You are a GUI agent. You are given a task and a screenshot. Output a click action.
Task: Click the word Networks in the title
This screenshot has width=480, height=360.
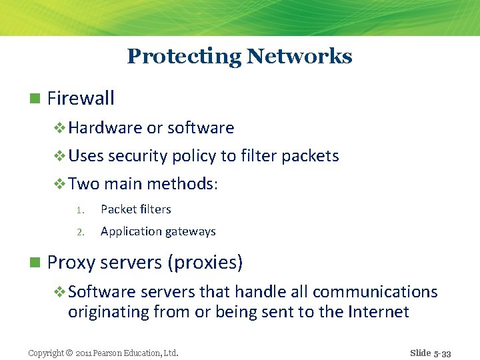(299, 57)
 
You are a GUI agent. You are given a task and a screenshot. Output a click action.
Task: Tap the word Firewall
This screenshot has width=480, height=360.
(81, 99)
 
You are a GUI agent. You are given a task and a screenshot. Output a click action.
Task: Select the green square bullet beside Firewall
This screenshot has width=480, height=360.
(35, 99)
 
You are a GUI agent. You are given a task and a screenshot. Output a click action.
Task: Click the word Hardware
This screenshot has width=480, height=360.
(105, 128)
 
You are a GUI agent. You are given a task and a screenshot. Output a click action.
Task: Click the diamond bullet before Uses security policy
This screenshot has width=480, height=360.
(60, 156)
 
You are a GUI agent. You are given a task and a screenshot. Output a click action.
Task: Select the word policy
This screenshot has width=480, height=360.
(194, 157)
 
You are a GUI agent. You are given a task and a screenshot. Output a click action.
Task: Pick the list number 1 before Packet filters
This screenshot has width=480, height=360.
(79, 210)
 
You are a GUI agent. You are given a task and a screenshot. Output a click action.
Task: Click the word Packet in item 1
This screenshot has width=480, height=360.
(118, 209)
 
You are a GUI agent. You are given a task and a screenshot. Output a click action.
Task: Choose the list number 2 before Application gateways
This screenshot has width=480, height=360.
(79, 232)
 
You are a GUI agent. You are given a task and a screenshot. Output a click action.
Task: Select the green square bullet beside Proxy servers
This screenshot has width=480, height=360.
(35, 263)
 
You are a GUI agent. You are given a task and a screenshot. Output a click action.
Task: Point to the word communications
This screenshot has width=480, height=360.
(375, 292)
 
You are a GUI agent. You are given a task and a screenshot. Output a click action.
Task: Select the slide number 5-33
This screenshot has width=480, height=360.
(440, 353)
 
